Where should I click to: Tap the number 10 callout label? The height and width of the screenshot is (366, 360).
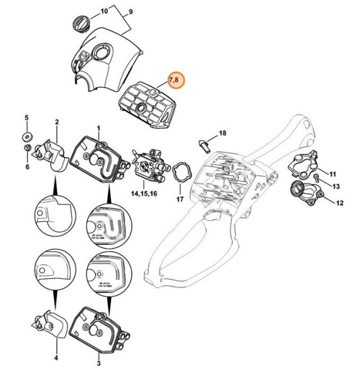[105, 12]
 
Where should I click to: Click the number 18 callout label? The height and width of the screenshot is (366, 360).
[221, 133]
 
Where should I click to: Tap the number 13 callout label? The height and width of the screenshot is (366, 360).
[335, 186]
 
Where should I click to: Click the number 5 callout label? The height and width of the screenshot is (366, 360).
[26, 118]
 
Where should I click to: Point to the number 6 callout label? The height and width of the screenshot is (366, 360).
[26, 167]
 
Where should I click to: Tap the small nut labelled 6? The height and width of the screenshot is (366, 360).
[26, 149]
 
